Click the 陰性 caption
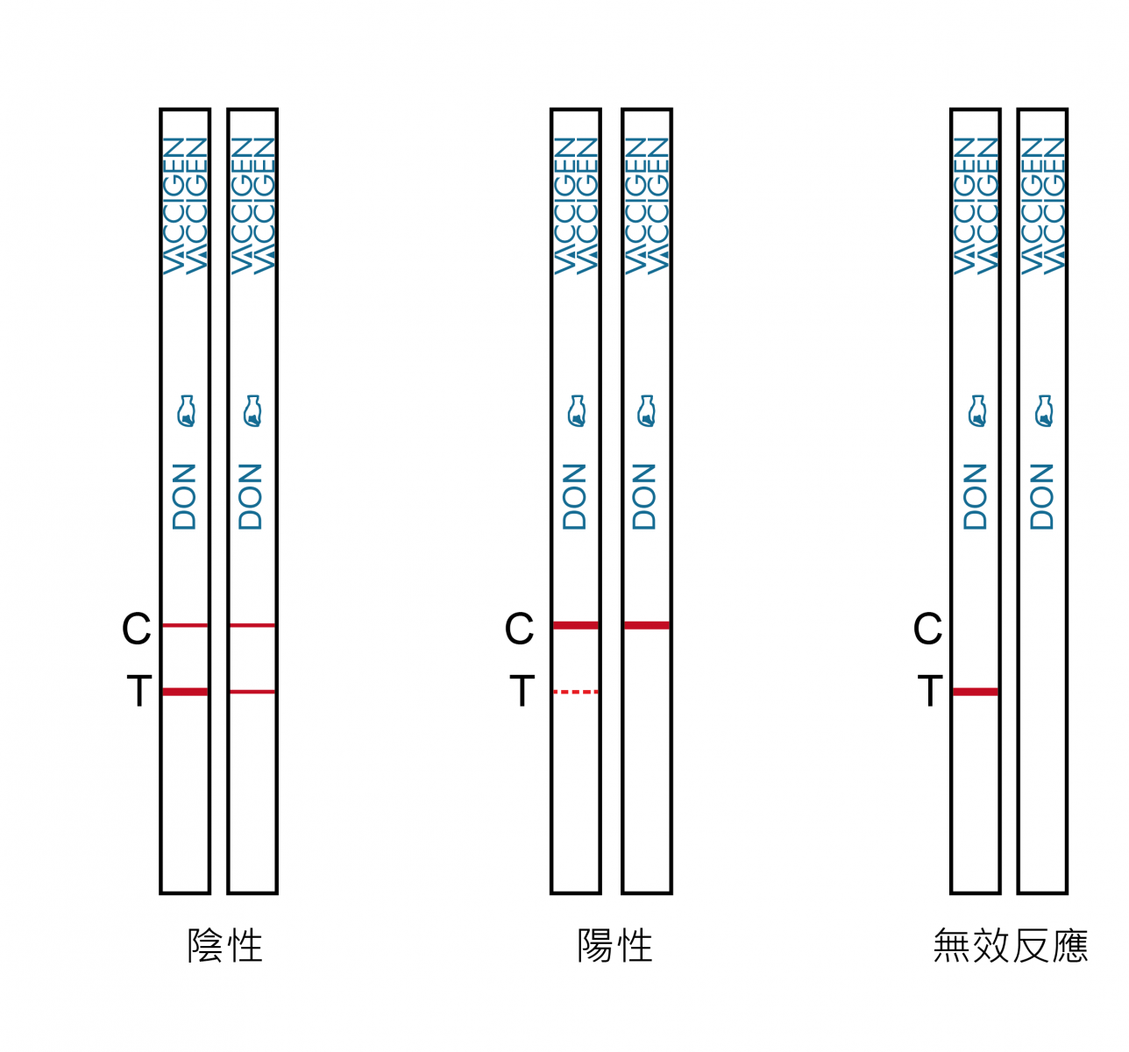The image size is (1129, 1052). [x=225, y=945]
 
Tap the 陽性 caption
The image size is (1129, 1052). [x=614, y=945]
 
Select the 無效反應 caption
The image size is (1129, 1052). [x=1010, y=945]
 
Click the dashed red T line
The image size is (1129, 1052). [x=576, y=692]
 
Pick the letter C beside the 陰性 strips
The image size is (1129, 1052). [x=137, y=629]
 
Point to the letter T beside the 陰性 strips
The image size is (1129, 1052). [x=139, y=691]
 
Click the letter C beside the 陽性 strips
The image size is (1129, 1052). [x=519, y=629]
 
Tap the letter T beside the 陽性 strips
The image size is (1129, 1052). [x=522, y=691]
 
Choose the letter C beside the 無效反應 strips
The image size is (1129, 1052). [x=927, y=629]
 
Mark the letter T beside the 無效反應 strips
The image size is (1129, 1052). [x=931, y=691]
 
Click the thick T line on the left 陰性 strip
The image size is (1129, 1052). [x=185, y=692]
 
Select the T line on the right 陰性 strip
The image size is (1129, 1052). [x=252, y=692]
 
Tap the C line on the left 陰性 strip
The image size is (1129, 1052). [x=185, y=626]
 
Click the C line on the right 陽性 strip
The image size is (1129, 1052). [x=647, y=626]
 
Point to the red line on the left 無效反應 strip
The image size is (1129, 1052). [x=976, y=692]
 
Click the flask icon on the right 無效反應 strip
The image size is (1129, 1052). [x=1044, y=411]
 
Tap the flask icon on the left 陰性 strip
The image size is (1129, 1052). [x=187, y=411]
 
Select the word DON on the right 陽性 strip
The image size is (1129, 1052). [x=644, y=497]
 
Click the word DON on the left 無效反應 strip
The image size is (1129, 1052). [x=975, y=497]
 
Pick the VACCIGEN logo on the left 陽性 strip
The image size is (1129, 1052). [x=576, y=206]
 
